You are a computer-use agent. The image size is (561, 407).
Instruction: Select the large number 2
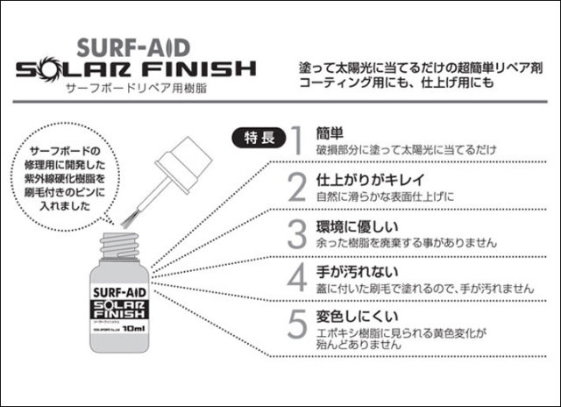coord(297,185)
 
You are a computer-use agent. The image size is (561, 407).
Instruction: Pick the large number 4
coord(297,275)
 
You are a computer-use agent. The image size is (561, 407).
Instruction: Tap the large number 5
coord(298,323)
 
